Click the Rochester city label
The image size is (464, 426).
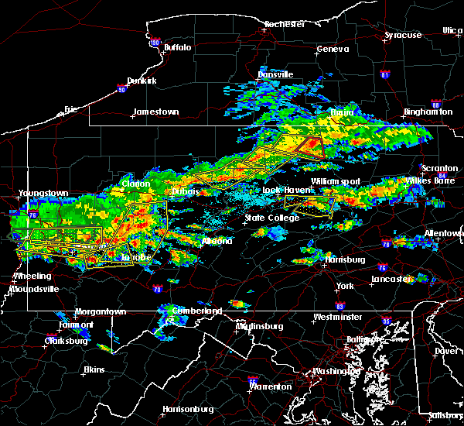[x=285, y=24]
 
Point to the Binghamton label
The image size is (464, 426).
[x=428, y=112]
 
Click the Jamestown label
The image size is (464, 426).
[x=155, y=112]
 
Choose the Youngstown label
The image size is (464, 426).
[x=44, y=193]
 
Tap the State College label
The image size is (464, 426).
[x=267, y=218]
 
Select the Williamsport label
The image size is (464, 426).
[x=336, y=181]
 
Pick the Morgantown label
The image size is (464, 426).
[x=100, y=311]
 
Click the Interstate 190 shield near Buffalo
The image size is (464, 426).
[x=155, y=42]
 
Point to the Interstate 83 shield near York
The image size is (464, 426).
[x=339, y=306]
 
